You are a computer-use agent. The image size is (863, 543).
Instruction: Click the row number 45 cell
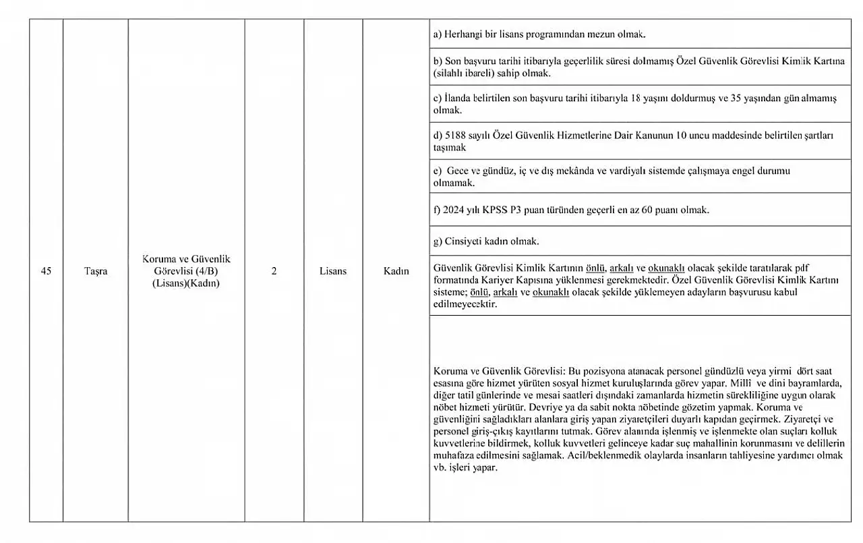(46, 271)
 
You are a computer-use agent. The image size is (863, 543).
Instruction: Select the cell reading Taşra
(95, 271)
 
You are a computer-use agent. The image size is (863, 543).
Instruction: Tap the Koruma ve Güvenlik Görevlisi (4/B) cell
(186, 271)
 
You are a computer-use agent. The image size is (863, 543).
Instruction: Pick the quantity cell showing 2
(274, 271)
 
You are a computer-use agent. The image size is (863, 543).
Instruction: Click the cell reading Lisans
(333, 271)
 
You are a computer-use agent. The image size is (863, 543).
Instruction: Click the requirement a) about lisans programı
(539, 34)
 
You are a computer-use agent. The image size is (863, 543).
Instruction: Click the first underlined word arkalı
(623, 268)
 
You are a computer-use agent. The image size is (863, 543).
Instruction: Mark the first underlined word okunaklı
(666, 268)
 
